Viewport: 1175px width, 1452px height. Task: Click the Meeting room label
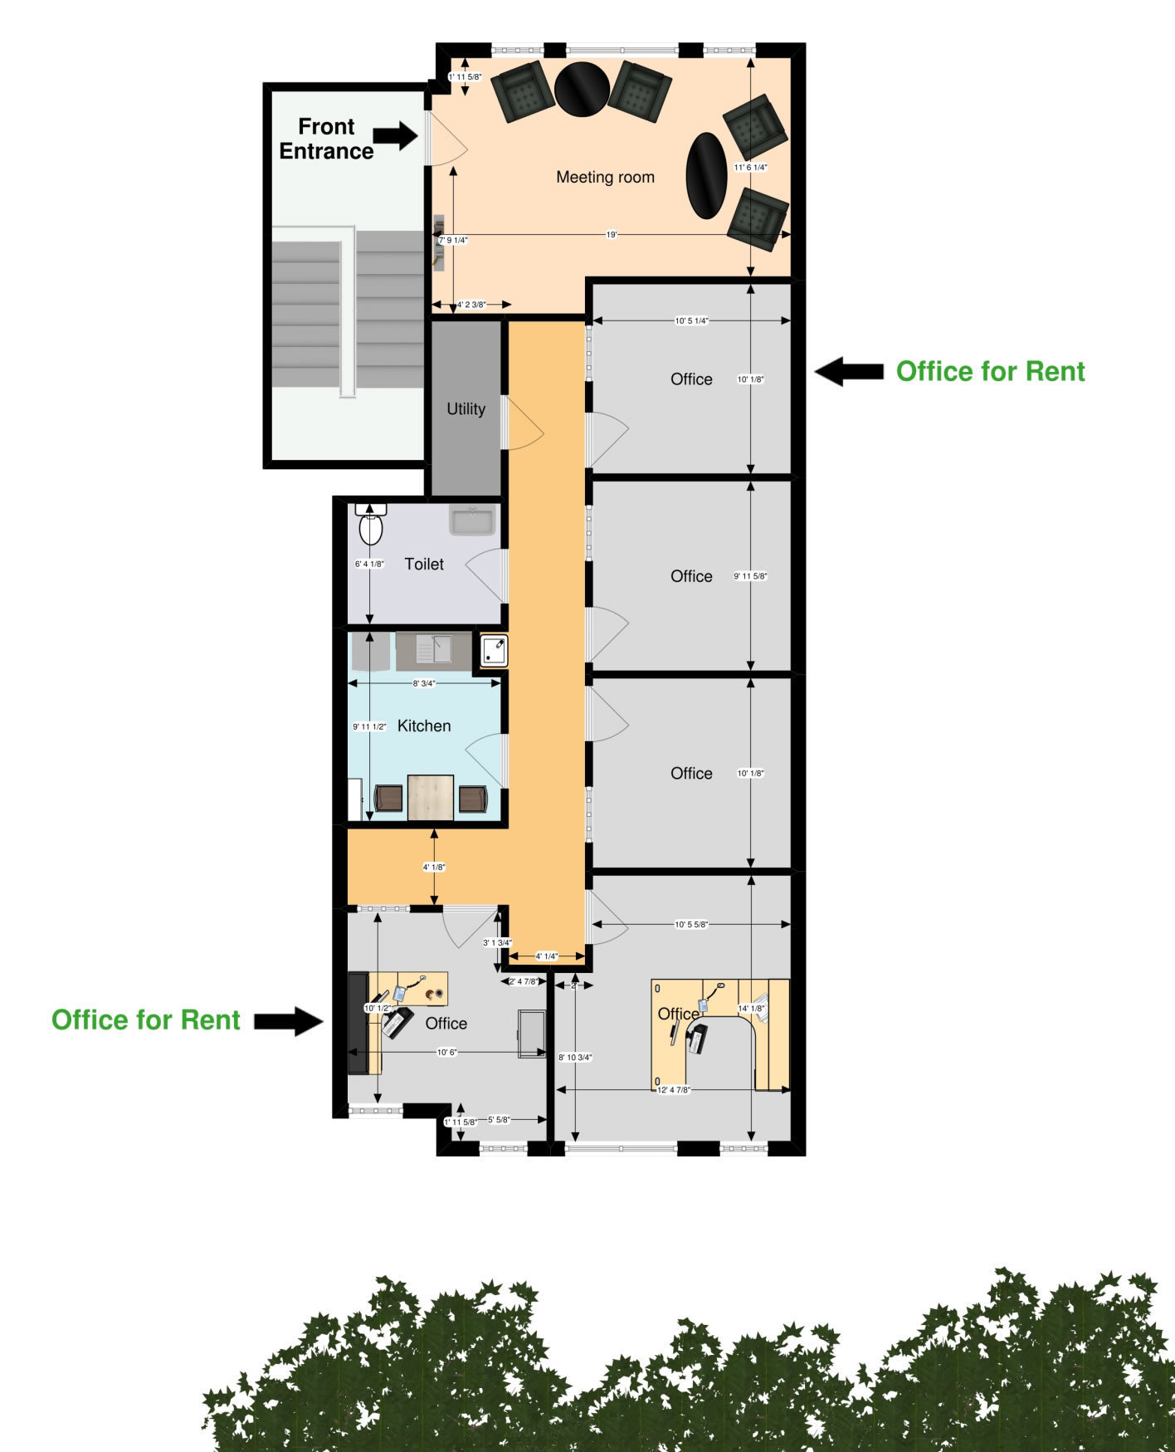[x=605, y=177]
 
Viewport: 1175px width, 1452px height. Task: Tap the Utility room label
[x=466, y=408]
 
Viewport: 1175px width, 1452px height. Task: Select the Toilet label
[x=424, y=564]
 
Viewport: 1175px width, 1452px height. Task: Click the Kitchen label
[x=424, y=726]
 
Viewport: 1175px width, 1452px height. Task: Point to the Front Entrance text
[x=326, y=139]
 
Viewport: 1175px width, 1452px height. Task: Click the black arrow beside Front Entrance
[x=395, y=135]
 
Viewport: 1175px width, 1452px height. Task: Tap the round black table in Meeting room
[x=583, y=89]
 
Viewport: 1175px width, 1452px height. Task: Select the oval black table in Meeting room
[x=706, y=175]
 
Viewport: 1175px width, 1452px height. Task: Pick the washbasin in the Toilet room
[x=472, y=521]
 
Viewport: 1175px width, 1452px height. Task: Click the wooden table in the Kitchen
[x=431, y=797]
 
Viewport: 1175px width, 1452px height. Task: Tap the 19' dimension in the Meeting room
[x=612, y=235]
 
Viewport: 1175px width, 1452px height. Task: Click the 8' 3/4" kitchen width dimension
[x=423, y=683]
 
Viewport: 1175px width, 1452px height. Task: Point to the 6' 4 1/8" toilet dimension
[x=369, y=564]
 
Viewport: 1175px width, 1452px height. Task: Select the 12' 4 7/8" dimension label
[x=674, y=1089]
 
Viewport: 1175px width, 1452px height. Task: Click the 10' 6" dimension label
[x=447, y=1053]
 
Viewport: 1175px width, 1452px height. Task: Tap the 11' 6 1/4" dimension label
[x=750, y=167]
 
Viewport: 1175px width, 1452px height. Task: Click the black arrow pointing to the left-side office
[x=288, y=1021]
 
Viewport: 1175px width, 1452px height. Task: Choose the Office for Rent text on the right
[x=990, y=371]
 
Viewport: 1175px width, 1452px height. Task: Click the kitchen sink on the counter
[x=434, y=648]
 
